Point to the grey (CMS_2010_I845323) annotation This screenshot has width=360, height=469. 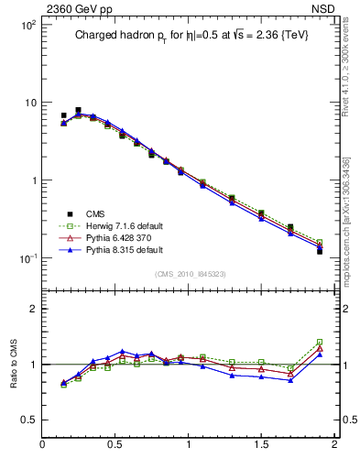(191, 273)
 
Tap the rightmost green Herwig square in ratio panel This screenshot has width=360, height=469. (320, 342)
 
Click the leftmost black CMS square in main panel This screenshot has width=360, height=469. (63, 115)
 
